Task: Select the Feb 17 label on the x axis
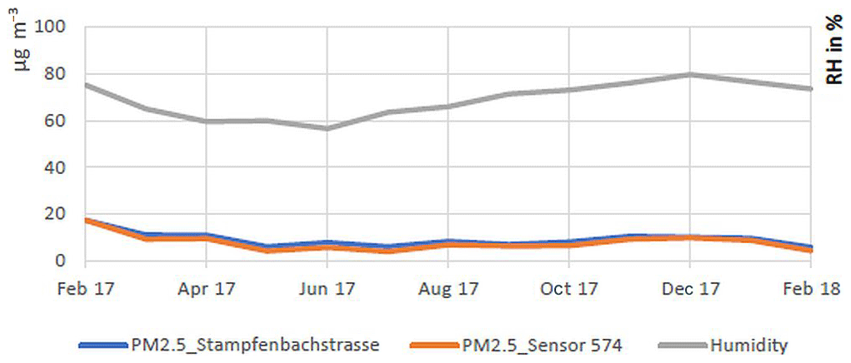(86, 289)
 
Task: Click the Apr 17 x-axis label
(207, 289)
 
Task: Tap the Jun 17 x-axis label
(328, 289)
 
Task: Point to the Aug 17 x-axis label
(448, 289)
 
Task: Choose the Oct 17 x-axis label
(569, 289)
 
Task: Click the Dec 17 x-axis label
(690, 289)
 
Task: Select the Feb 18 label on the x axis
(810, 289)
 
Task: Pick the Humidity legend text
(748, 343)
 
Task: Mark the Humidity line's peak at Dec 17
(690, 74)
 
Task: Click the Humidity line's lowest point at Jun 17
(328, 128)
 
